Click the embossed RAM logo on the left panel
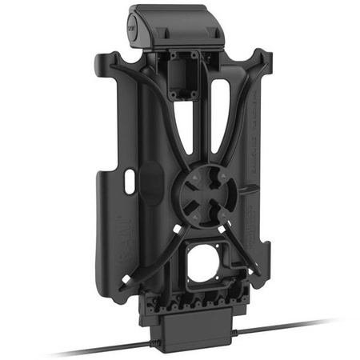click(x=114, y=256)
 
